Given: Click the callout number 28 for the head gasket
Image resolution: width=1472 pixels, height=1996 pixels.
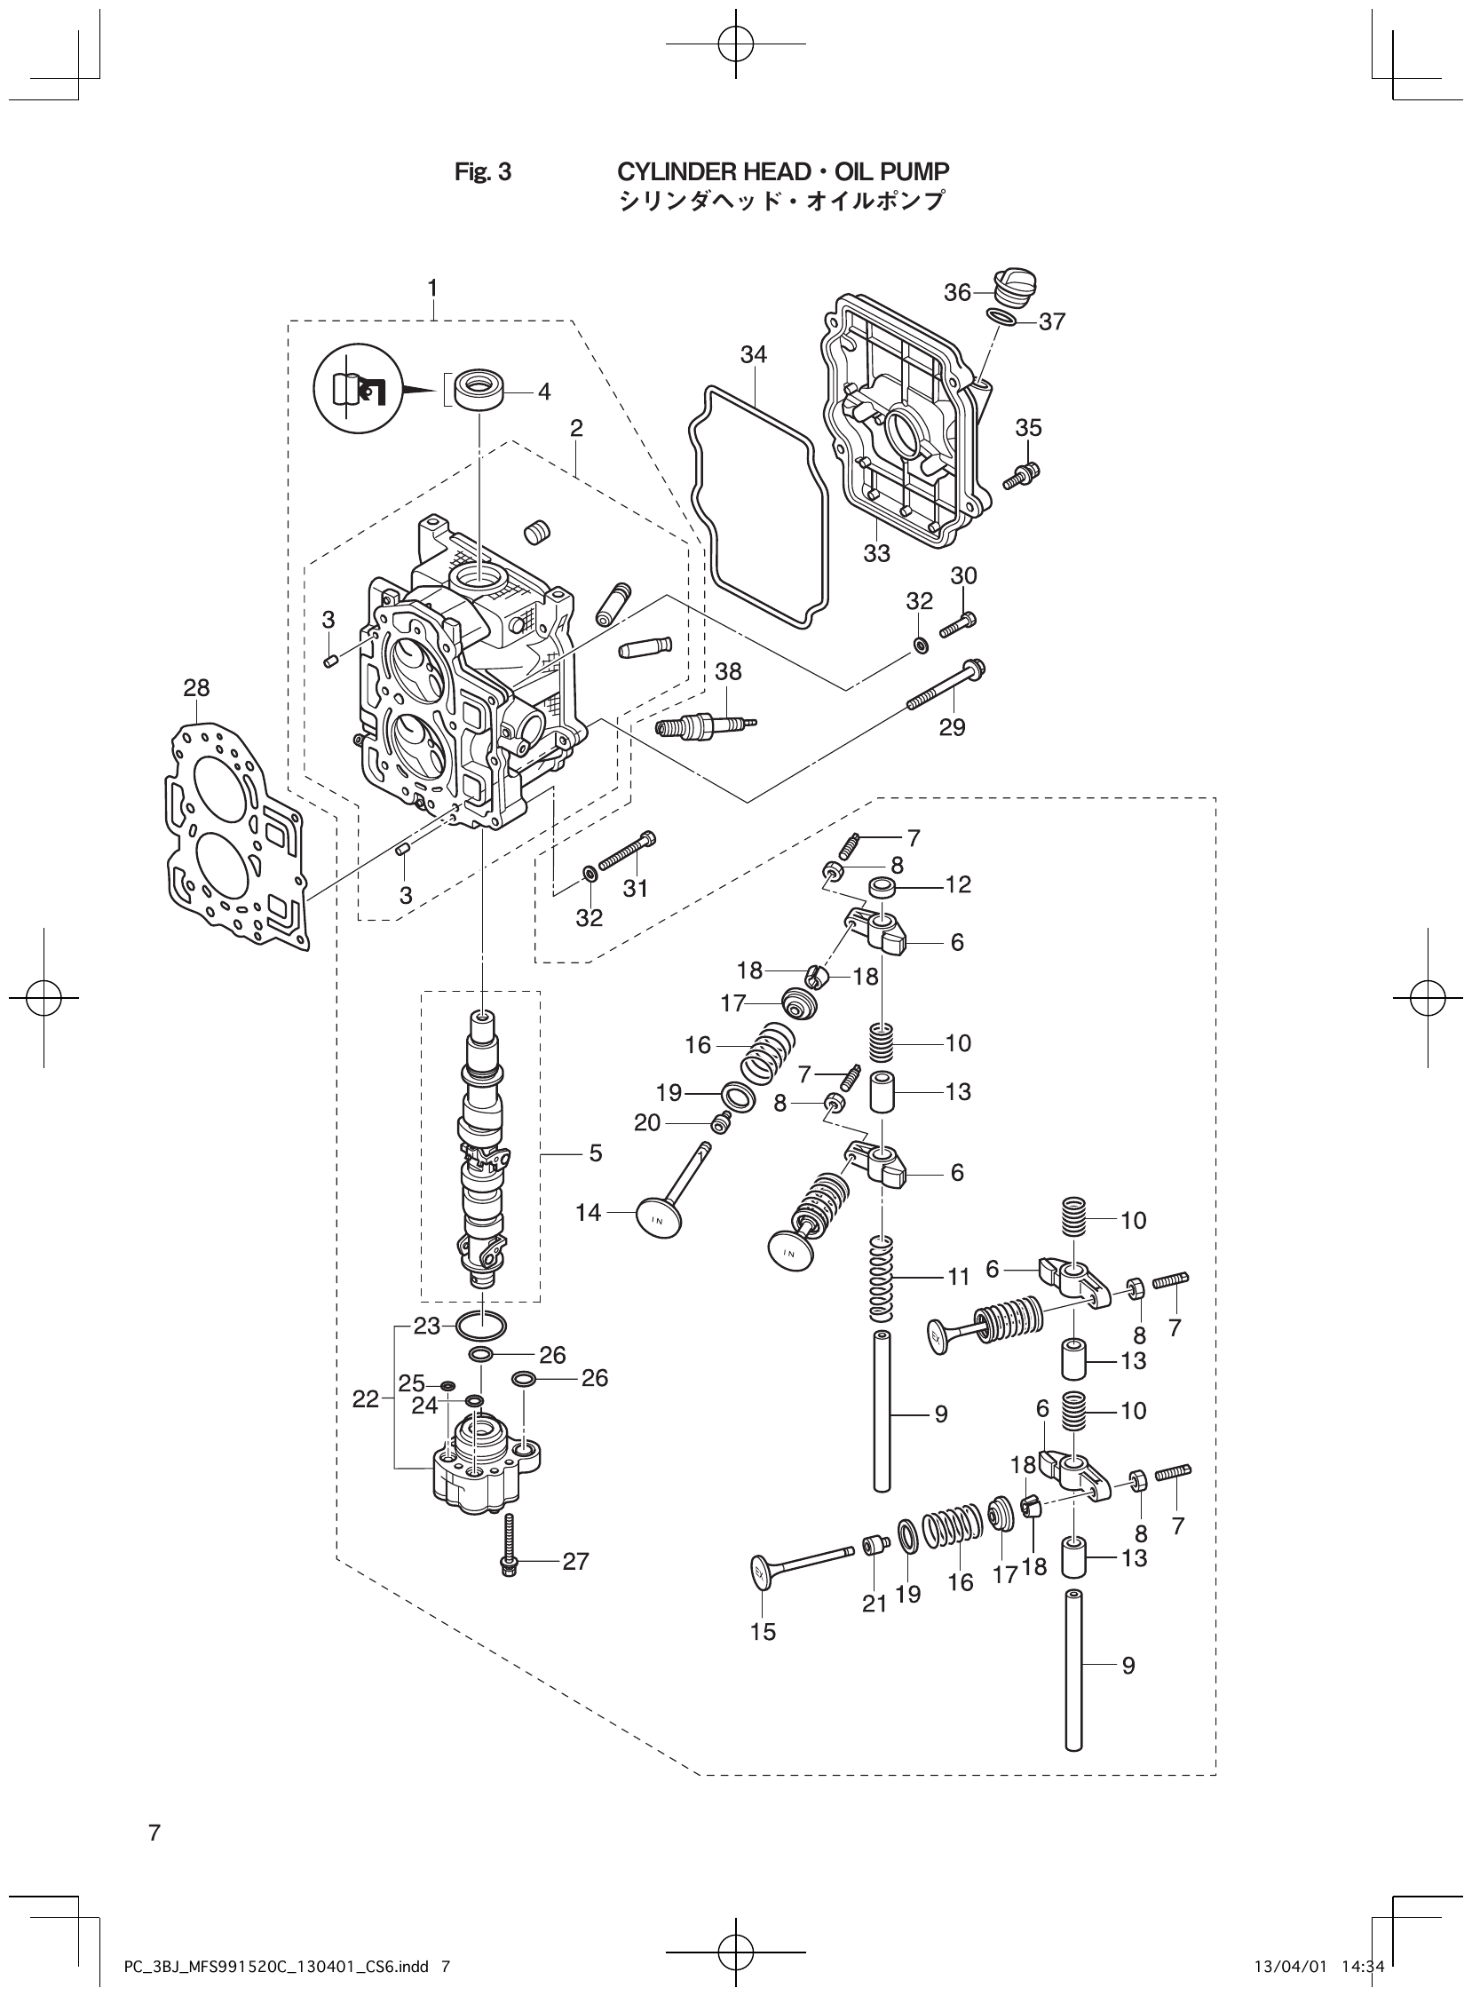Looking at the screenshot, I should click(x=196, y=688).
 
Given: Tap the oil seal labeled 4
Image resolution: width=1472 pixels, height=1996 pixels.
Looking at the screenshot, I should click(x=479, y=392).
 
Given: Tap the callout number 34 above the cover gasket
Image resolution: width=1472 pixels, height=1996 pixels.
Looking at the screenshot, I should click(x=753, y=354).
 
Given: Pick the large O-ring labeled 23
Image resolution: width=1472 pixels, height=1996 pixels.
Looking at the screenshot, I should click(x=481, y=1326).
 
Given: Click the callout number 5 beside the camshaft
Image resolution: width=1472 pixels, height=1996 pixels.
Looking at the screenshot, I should click(x=595, y=1153).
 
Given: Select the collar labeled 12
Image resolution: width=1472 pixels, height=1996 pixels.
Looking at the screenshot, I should click(x=884, y=888).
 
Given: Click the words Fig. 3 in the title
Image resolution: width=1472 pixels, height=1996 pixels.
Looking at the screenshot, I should click(x=483, y=172).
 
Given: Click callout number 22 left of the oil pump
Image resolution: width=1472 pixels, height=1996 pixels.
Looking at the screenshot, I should click(x=365, y=1399).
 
